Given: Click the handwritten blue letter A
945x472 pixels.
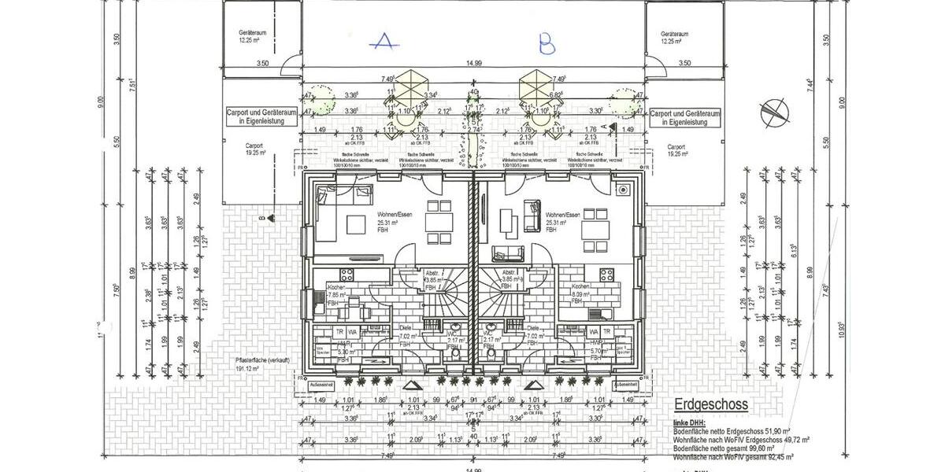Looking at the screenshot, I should tap(384, 42).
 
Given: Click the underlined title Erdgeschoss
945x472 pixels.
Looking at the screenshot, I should tap(710, 404).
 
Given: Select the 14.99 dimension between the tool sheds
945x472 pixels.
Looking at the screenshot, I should tap(473, 63).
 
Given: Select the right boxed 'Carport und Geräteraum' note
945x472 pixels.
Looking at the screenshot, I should tap(684, 118).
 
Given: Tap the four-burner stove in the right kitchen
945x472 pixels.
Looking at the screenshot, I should tap(608, 275).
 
